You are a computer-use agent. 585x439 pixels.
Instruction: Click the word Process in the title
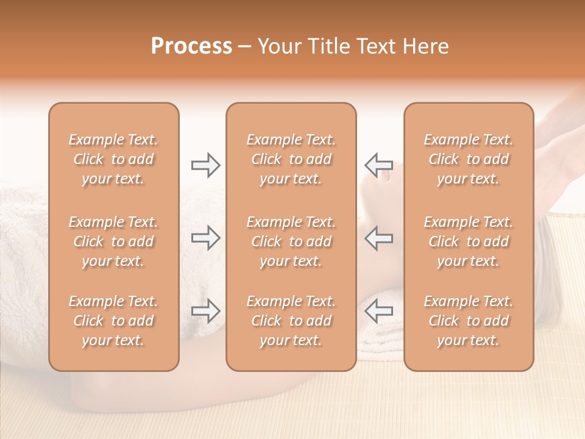point(191,46)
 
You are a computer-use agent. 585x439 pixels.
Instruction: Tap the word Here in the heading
point(424,46)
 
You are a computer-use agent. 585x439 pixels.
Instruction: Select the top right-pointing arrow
point(205,165)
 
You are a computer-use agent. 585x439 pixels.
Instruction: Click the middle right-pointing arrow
point(205,238)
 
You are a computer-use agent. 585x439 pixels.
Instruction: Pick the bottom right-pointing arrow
point(205,311)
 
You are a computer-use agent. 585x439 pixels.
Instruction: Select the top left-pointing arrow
point(378,165)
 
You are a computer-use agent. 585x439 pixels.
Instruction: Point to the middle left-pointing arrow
point(378,238)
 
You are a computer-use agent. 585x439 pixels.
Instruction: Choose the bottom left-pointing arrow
point(378,311)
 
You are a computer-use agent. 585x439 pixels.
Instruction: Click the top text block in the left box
point(113,159)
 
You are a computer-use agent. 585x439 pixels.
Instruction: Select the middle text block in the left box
point(113,241)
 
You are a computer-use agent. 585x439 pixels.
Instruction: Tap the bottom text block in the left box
point(113,321)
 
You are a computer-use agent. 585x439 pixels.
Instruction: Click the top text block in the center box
point(291,159)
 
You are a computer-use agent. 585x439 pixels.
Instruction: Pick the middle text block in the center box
point(291,241)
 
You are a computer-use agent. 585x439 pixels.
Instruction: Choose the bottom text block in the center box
point(291,321)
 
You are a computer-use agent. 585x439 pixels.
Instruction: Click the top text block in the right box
point(469,159)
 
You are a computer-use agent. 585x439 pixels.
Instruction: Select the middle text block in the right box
point(469,241)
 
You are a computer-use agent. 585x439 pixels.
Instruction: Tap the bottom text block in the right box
point(469,321)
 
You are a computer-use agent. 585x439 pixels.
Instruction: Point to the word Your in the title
point(278,46)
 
